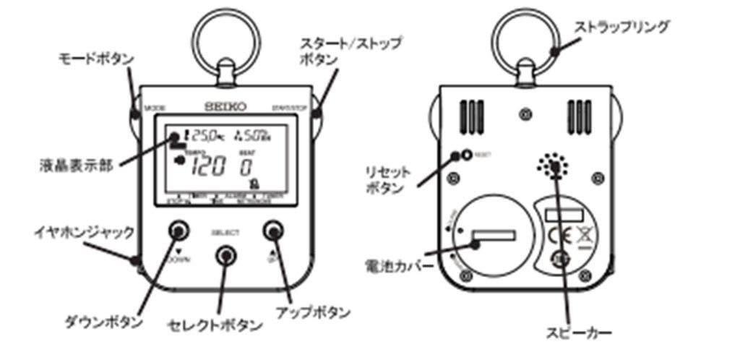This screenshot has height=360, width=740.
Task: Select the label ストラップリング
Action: pos(621,27)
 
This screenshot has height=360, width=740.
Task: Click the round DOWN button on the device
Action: pos(178,231)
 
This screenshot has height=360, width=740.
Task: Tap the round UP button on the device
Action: pos(272,231)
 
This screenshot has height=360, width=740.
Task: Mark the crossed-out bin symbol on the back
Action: pos(582,236)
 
